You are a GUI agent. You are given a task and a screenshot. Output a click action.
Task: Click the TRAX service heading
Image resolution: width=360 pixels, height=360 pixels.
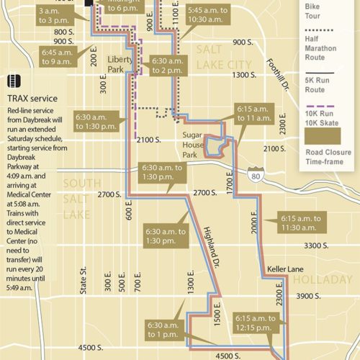point(37,96)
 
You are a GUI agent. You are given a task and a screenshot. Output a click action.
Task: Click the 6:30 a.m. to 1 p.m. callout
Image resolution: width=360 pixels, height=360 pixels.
point(165,329)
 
